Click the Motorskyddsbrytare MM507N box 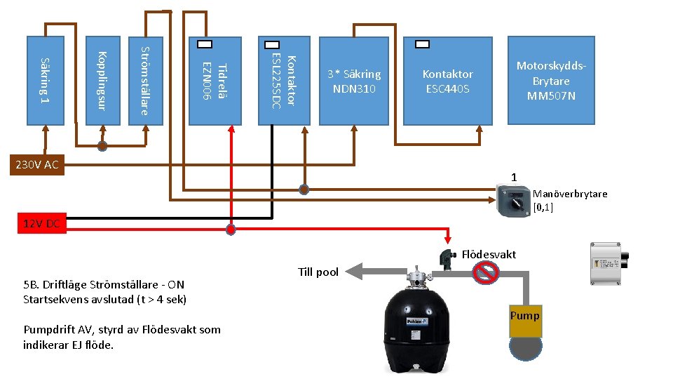pyautogui.click(x=551, y=80)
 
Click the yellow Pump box pyautogui.click(x=525, y=316)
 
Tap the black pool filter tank pyautogui.click(x=421, y=330)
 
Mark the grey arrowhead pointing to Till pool pyautogui.click(x=356, y=271)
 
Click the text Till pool pyautogui.click(x=318, y=272)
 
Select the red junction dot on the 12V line pyautogui.click(x=231, y=229)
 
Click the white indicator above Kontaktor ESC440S pyautogui.click(x=423, y=44)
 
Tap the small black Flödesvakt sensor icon pyautogui.click(x=445, y=258)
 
